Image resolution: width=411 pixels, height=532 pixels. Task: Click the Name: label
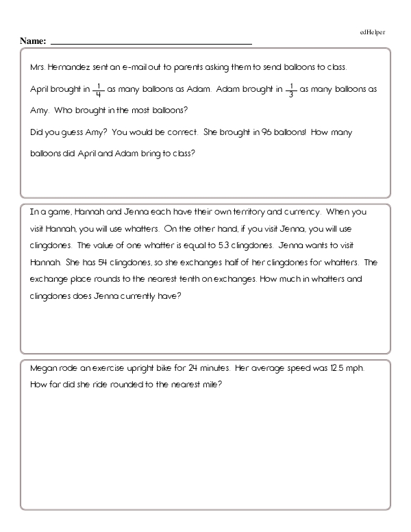point(33,42)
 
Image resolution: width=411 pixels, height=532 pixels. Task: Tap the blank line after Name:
point(151,43)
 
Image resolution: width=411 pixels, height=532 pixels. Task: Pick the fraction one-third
point(291,89)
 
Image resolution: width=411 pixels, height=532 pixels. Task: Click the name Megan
point(43,368)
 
